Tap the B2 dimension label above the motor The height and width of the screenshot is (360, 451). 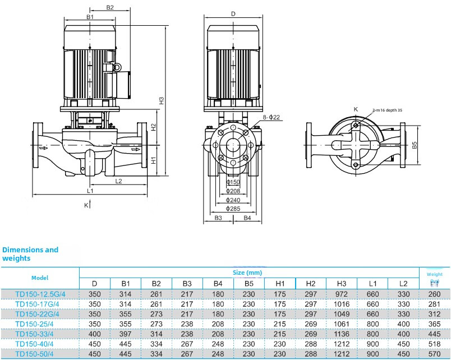click(110, 8)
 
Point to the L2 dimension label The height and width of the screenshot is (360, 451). click(118, 181)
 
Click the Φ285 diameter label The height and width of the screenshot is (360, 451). click(233, 209)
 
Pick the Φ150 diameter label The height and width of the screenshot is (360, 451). click(233, 182)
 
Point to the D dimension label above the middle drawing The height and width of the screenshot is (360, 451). click(233, 13)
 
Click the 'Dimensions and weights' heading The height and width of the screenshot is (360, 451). click(30, 254)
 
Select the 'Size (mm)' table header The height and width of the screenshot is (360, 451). click(247, 272)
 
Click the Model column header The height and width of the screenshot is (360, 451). click(40, 278)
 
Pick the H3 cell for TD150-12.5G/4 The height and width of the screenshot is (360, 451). click(341, 294)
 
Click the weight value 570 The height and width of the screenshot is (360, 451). click(434, 354)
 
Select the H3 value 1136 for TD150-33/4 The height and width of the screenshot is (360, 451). click(341, 334)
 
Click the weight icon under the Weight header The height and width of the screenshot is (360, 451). click(434, 283)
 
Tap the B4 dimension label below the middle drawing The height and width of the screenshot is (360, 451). click(247, 218)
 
